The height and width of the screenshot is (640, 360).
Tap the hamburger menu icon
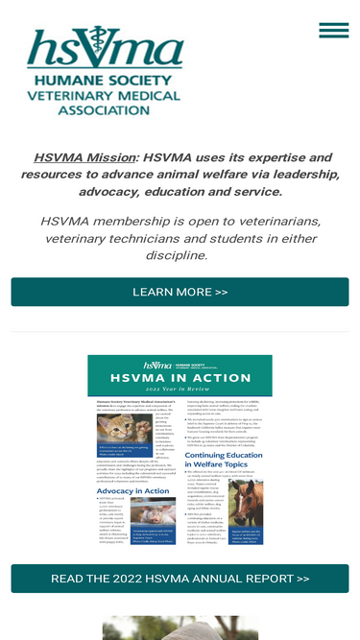click(333, 30)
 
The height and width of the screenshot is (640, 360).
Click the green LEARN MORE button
click(180, 292)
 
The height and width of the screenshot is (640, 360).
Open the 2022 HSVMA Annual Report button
click(180, 579)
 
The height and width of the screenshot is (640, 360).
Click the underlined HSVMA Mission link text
click(84, 157)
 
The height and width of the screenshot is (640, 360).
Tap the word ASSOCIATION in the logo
click(105, 110)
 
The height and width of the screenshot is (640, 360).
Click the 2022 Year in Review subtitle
click(180, 391)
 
